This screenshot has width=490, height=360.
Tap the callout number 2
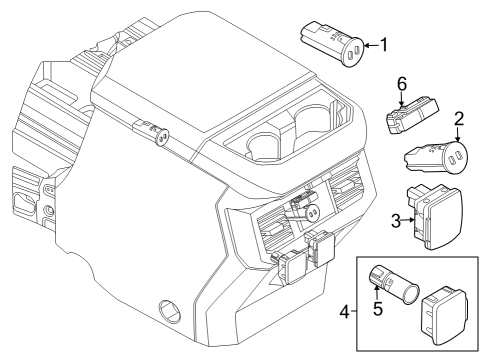[459, 119]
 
